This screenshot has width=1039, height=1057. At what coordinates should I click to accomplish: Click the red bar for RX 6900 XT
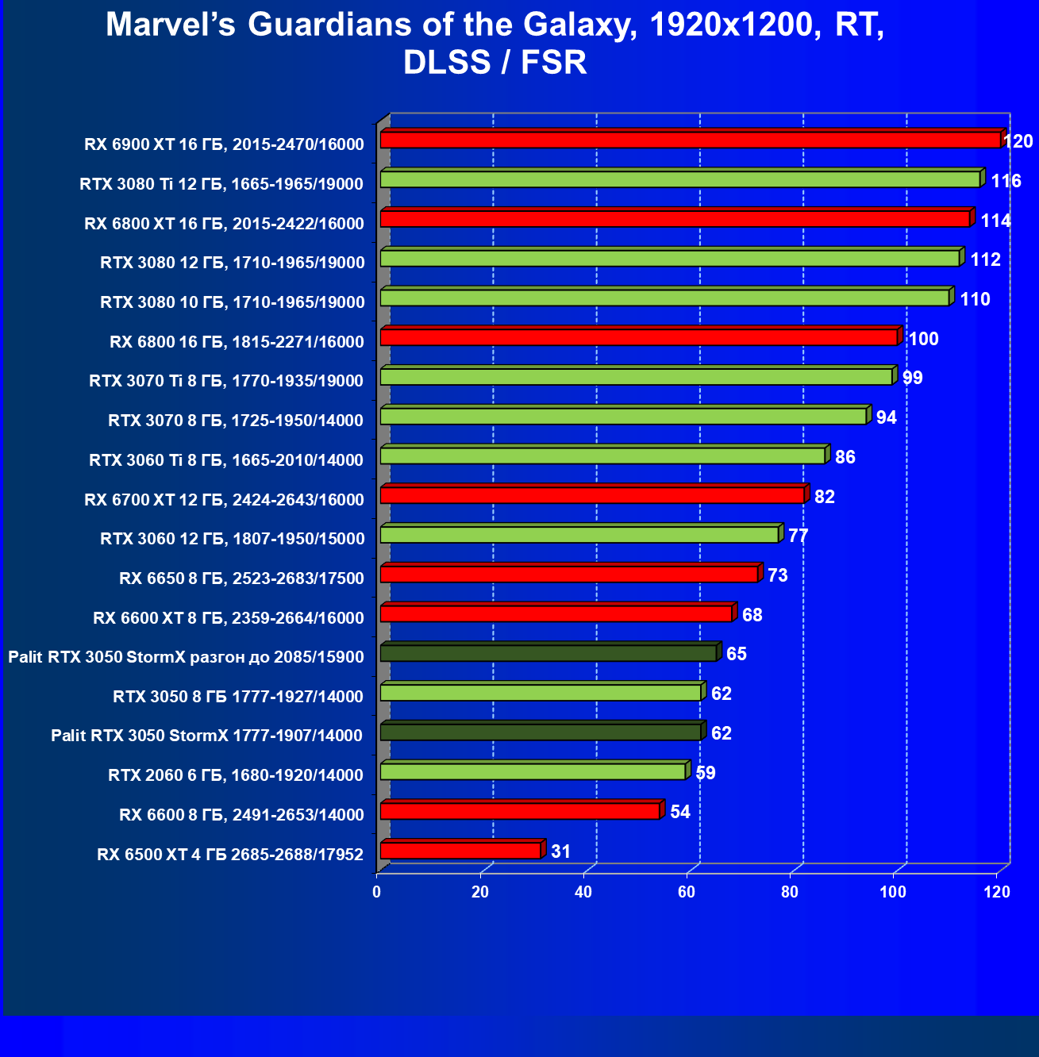point(691,140)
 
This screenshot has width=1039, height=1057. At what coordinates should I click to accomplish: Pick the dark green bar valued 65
point(548,653)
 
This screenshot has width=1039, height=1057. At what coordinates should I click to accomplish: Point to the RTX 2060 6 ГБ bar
point(533,771)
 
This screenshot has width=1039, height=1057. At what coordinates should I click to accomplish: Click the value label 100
point(923,339)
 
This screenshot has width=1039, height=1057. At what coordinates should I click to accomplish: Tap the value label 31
point(560,851)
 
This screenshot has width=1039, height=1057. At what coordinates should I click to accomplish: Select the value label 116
point(1006,181)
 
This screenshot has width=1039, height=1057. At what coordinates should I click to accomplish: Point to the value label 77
point(798,536)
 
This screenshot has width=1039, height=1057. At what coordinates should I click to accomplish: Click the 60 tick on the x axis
point(687,892)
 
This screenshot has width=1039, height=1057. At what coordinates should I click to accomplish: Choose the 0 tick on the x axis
point(377,892)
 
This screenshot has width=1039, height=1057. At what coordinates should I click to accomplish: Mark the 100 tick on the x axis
point(893,892)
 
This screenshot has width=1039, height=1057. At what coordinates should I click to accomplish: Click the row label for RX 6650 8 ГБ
point(241,578)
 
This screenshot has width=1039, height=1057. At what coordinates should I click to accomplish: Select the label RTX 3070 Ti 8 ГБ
point(226,381)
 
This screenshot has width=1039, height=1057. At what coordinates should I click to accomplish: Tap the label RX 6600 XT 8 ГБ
point(229,618)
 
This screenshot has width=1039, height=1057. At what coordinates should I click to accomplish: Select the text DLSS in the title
point(447,63)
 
